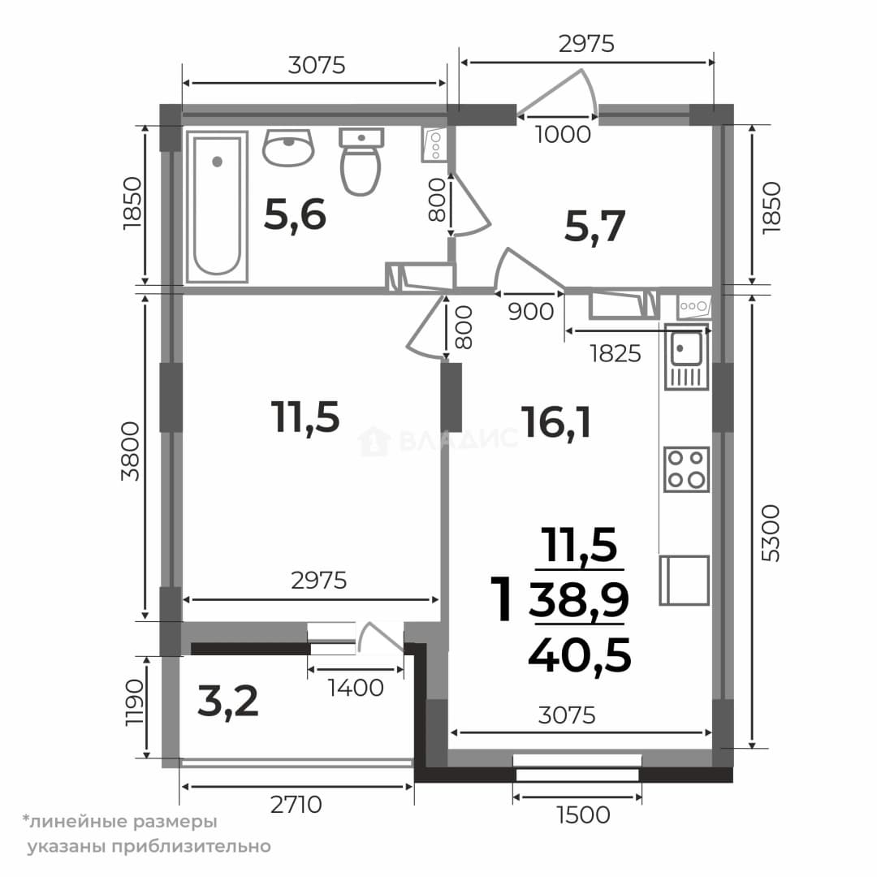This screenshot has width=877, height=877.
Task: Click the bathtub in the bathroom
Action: point(217,207)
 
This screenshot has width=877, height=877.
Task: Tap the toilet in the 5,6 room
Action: point(361,162)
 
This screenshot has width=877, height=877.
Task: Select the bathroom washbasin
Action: point(288,148)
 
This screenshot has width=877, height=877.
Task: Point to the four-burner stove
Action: point(686,469)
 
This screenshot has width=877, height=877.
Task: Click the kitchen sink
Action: point(687,356)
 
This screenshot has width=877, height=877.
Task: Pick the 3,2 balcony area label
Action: point(228,702)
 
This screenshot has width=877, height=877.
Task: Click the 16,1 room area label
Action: point(556,422)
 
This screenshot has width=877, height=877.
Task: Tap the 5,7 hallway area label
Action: point(594,227)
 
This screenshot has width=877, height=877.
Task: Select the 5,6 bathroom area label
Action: point(295,214)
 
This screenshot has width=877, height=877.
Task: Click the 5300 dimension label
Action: point(770,533)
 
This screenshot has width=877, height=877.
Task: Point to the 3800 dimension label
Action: point(130,451)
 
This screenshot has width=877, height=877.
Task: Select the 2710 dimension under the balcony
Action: point(296,805)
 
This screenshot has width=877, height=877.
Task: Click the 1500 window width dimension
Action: point(583,815)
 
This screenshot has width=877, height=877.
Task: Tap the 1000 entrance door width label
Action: point(563,134)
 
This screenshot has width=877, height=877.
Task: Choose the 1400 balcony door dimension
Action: point(356,688)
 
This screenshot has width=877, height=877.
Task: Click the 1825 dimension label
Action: point(616,353)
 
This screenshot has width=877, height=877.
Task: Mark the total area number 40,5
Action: point(580,655)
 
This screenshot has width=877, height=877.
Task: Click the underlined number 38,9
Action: point(579,599)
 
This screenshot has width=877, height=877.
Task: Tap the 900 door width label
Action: point(531,312)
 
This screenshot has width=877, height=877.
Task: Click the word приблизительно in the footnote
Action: point(192,846)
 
